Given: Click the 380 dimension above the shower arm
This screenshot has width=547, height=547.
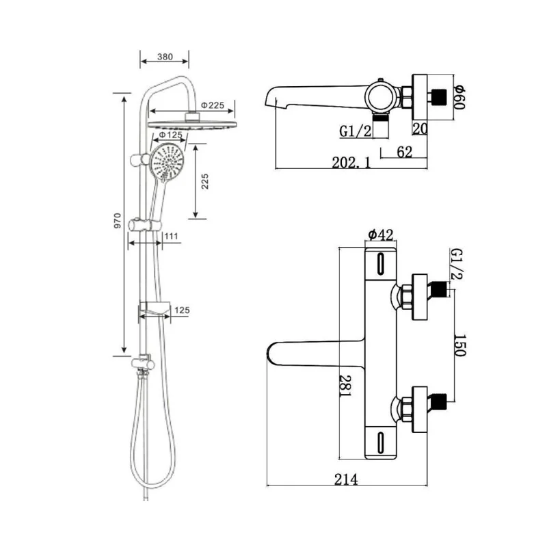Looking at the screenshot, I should pyautogui.click(x=165, y=57).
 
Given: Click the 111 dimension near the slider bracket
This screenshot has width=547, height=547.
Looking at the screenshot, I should pyautogui.click(x=171, y=236).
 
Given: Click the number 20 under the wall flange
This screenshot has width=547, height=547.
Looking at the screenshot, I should pyautogui.click(x=420, y=129).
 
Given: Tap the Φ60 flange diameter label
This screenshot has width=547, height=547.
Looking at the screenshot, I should pyautogui.click(x=459, y=96).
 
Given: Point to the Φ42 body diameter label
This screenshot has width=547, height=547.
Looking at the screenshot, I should pyautogui.click(x=380, y=235).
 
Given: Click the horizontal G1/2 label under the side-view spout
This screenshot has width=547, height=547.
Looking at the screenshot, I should pyautogui.click(x=355, y=131).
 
